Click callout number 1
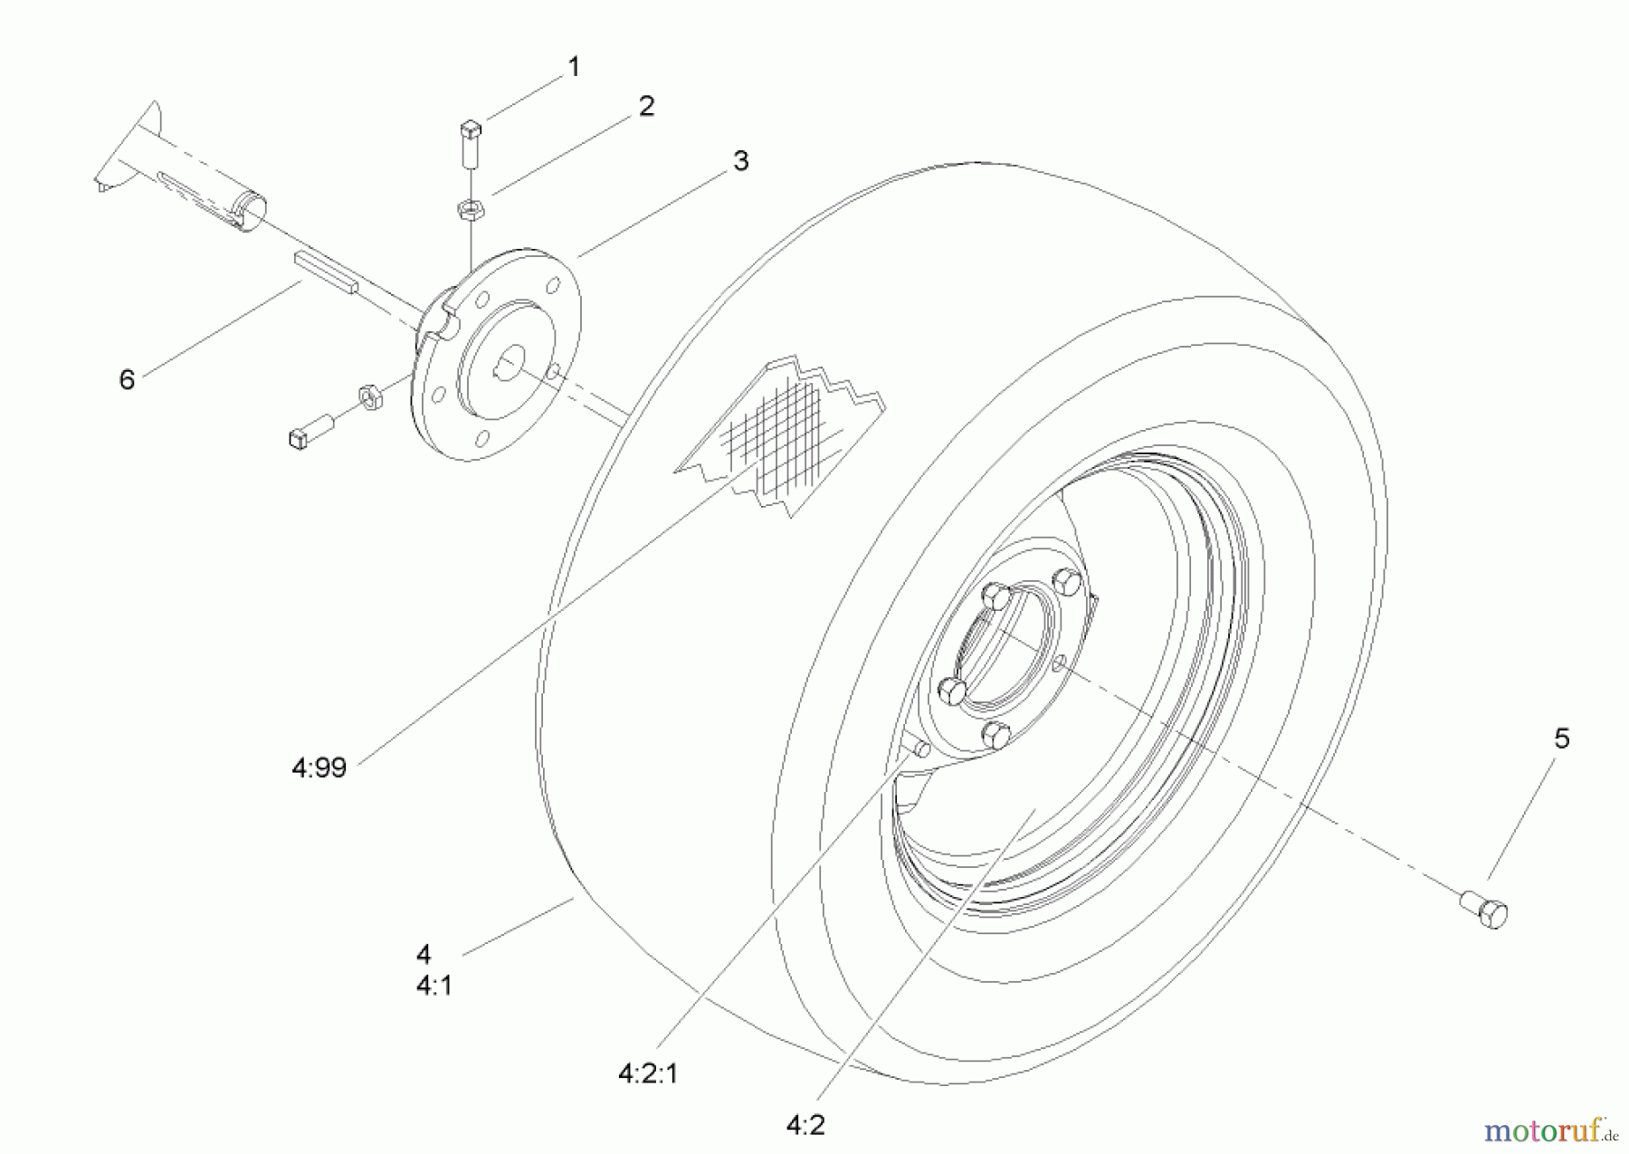coord(573,67)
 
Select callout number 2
coord(646,107)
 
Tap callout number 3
coord(741,161)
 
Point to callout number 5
coord(1562,739)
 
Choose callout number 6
coord(127,379)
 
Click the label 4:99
coord(319,768)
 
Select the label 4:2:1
coord(648,1073)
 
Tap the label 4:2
coord(805,1125)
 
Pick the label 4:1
coord(434,986)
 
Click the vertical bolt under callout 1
coord(471,143)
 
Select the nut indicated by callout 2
coord(471,210)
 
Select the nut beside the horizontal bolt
coord(368,396)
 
